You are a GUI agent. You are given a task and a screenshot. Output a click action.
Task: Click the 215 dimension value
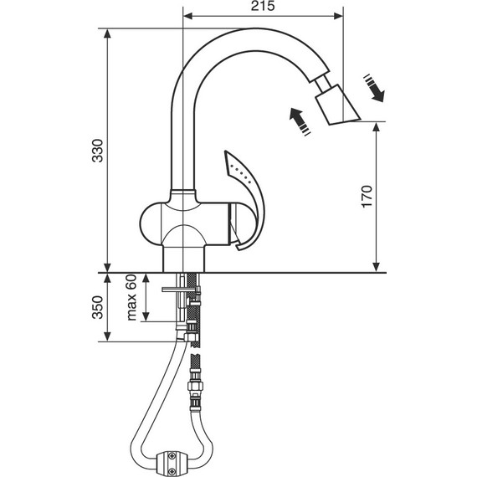click(x=263, y=6)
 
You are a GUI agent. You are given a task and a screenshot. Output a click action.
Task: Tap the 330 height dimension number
click(x=98, y=151)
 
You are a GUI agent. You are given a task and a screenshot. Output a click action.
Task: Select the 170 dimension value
click(x=367, y=196)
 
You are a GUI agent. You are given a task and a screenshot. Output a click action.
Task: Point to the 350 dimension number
click(x=98, y=307)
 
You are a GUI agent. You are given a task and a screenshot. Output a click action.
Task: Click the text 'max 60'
click(x=131, y=298)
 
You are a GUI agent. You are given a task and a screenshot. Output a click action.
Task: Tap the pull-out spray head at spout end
click(x=337, y=105)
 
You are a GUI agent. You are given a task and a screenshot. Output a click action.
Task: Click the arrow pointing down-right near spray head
click(x=374, y=88)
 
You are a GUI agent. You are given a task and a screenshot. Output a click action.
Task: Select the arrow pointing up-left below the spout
click(x=300, y=121)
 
